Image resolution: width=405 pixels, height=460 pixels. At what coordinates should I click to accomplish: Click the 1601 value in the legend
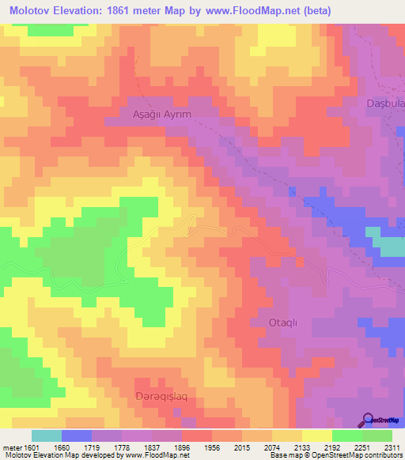point(30,447)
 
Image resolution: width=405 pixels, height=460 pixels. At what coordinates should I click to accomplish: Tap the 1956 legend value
point(213,447)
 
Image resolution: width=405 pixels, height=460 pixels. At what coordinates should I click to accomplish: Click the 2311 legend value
point(392,447)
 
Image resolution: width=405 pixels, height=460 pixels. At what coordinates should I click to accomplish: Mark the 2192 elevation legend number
point(333,447)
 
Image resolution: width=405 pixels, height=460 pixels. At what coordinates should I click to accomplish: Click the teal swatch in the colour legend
point(47,435)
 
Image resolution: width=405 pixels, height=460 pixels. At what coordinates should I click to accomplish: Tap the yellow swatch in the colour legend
point(317,435)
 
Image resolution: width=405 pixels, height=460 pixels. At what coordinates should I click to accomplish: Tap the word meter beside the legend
point(11,447)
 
